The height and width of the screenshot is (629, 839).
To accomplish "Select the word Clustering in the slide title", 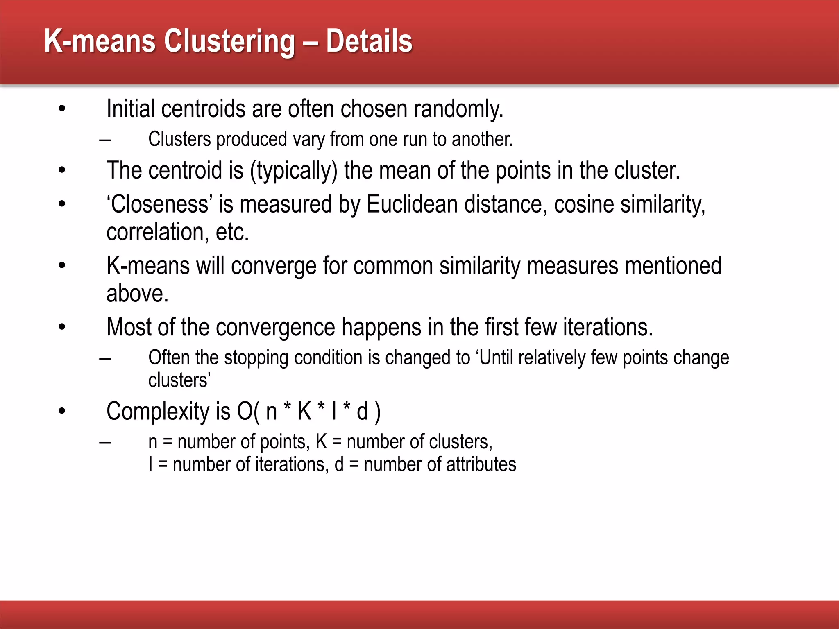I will pos(229,42).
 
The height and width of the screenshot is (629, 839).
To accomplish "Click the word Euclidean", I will pos(412,204).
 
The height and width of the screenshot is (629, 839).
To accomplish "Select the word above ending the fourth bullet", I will pos(137,294).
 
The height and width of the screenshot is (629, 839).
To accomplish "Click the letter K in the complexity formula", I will pos(304,411).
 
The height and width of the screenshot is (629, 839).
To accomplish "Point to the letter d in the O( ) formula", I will pos(362,411).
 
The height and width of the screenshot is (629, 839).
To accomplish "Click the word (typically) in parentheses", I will pos(294,171).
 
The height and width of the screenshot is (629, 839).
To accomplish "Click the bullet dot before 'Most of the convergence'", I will pos(62,327).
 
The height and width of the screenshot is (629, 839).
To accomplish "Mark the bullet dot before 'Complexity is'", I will pos(62,411).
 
